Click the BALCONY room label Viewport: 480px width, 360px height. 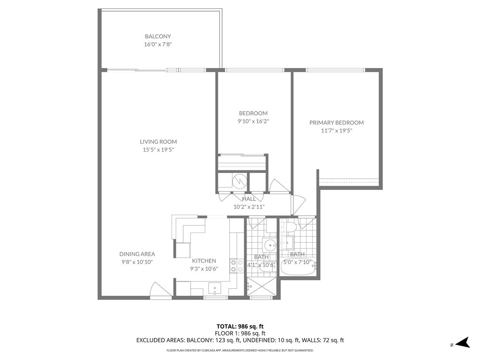157,36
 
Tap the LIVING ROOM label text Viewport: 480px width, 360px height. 158,142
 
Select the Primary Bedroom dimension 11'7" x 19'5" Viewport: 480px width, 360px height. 336,131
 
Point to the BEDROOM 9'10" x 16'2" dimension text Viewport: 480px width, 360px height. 253,121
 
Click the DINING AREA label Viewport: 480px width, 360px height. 137,254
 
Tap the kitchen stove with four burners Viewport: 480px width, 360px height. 236,266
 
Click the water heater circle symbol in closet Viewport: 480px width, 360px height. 240,180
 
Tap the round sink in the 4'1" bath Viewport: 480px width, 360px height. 269,245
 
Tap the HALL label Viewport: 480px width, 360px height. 249,199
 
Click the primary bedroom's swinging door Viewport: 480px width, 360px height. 297,203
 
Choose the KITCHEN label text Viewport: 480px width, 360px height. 204,261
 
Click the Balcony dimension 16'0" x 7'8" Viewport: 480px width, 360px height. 157,44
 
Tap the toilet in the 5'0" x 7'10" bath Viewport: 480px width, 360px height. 289,228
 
